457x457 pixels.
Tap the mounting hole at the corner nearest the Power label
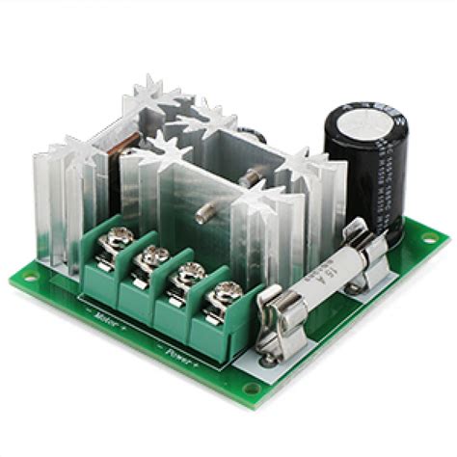252,390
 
